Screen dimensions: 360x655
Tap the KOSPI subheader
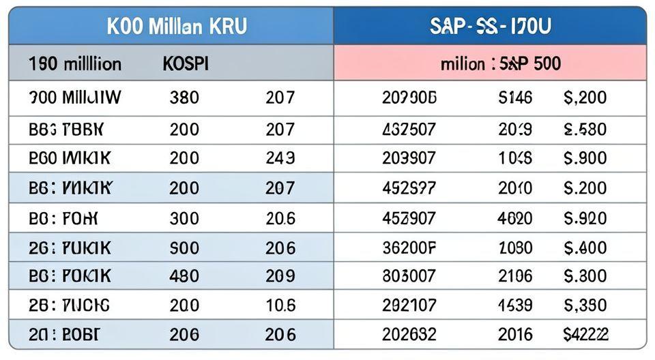click(186, 64)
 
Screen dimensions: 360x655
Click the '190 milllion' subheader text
click(75, 64)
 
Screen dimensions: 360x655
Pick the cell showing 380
click(184, 97)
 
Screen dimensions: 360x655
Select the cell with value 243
click(280, 158)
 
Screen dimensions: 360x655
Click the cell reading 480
click(184, 275)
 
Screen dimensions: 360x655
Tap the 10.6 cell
click(280, 305)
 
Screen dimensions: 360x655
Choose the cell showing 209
click(280, 275)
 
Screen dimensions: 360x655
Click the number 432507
click(409, 129)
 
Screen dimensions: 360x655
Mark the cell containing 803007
click(409, 275)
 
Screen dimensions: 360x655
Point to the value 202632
click(409, 334)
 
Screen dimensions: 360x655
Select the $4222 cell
click(585, 334)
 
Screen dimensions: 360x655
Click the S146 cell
click(515, 97)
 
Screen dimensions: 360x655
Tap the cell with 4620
click(515, 218)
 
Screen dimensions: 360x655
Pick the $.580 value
click(585, 129)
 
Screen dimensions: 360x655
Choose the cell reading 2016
click(515, 334)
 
